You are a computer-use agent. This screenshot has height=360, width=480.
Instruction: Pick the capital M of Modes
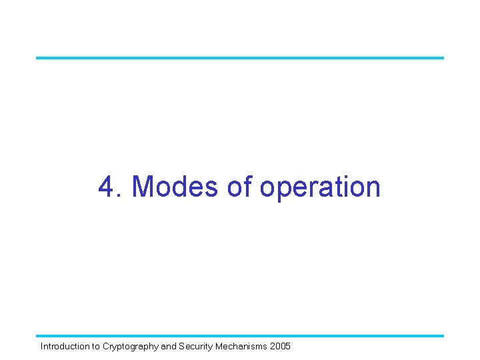145,187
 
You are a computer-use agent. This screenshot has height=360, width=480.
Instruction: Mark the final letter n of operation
373,189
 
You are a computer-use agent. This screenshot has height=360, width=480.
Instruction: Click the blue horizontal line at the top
240,57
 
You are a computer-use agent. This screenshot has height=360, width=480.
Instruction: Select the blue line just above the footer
240,335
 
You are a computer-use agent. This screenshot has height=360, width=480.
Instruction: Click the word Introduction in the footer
65,347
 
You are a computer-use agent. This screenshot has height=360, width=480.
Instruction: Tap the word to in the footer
95,347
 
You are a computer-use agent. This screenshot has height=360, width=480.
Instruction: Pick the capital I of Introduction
42,347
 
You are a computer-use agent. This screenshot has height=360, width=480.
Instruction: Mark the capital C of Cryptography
106,347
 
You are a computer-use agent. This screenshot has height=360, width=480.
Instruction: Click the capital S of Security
181,347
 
